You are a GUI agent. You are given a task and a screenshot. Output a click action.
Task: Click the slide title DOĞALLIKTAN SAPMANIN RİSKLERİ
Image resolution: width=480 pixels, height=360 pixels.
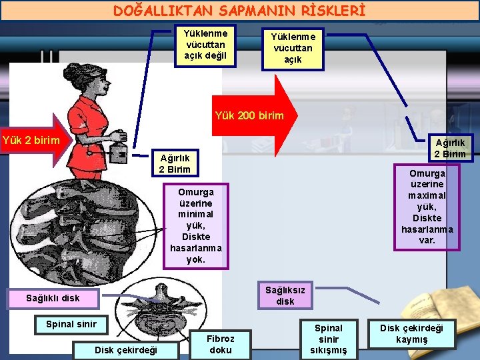pyautogui.click(x=239, y=11)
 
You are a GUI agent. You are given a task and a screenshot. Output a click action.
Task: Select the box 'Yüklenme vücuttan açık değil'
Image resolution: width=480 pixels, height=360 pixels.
pyautogui.click(x=205, y=45)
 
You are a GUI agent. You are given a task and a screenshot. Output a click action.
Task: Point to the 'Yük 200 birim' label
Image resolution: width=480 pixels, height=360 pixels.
pyautogui.click(x=249, y=116)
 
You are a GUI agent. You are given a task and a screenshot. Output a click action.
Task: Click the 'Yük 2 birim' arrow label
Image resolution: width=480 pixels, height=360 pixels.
pyautogui.click(x=31, y=141)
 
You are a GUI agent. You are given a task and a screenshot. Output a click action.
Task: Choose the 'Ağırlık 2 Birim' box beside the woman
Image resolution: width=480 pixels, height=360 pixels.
pyautogui.click(x=175, y=163)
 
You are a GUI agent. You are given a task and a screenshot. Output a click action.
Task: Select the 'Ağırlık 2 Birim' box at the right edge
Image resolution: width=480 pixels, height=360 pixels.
pyautogui.click(x=450, y=147)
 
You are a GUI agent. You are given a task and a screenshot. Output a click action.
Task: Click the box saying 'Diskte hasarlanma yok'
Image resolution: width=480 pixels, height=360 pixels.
pyautogui.click(x=196, y=225)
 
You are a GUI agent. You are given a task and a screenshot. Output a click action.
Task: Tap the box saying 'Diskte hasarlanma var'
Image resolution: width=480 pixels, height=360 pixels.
pyautogui.click(x=427, y=207)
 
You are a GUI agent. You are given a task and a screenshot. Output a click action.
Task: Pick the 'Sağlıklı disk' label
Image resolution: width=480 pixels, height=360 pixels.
pyautogui.click(x=52, y=298)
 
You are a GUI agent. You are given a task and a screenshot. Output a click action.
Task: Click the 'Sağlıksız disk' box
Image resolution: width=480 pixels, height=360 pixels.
pyautogui.click(x=285, y=295)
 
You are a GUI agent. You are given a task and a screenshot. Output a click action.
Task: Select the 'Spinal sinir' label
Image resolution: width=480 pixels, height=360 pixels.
pyautogui.click(x=71, y=325)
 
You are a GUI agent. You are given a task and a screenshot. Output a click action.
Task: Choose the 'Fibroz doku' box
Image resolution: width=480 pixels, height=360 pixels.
pyautogui.click(x=220, y=344)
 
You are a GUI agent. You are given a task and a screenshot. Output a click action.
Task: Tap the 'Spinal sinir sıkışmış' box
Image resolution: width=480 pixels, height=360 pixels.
pyautogui.click(x=328, y=339)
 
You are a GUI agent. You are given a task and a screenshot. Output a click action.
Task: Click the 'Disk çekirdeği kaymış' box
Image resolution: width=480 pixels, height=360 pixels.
pyautogui.click(x=411, y=333)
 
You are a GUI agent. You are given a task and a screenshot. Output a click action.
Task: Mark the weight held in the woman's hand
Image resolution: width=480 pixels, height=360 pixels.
pyautogui.click(x=120, y=151)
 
